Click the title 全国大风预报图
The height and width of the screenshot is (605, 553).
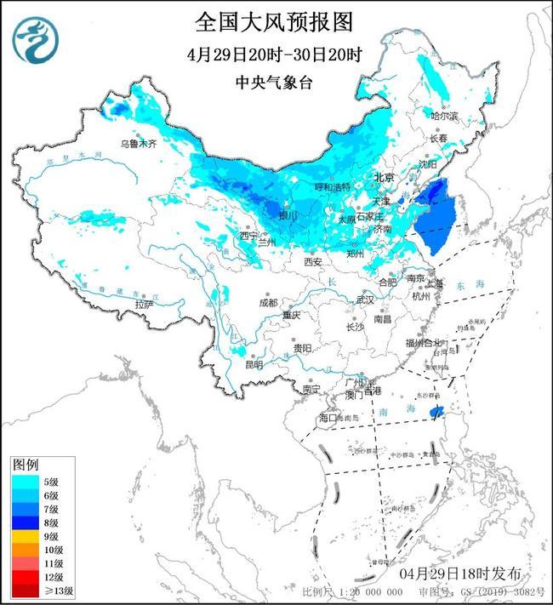pyautogui.click(x=274, y=20)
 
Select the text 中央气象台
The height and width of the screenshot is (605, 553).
pyautogui.click(x=274, y=83)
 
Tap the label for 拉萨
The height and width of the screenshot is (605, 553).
pyautogui.click(x=145, y=304)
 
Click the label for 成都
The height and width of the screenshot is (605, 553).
pyautogui.click(x=268, y=303)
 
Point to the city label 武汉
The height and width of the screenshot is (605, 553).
pyautogui.click(x=365, y=300)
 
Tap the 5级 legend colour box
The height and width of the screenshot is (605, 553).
pyautogui.click(x=23, y=482)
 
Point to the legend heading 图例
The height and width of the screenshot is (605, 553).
pyautogui.click(x=25, y=465)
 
